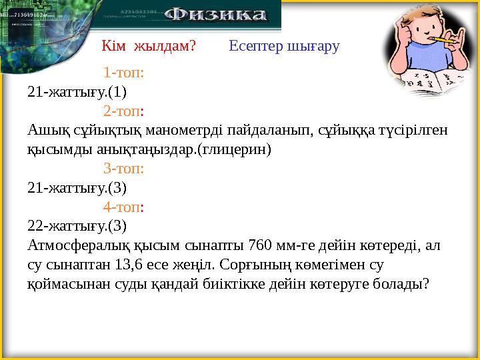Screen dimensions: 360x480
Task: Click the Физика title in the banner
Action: point(215,15)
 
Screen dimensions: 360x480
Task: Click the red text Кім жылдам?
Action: point(149,46)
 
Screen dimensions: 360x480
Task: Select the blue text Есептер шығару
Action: point(284,46)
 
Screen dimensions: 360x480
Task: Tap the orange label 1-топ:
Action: point(124,72)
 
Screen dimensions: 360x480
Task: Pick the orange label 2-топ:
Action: point(124,110)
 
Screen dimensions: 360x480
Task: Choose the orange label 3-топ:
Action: point(124,168)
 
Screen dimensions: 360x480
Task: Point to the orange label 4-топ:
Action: point(124,207)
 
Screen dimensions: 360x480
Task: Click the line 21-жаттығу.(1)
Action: point(77,91)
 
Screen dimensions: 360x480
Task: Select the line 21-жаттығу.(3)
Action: point(77,187)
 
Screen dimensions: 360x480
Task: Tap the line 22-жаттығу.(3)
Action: point(77,225)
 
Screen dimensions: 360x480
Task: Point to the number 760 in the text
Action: point(258,245)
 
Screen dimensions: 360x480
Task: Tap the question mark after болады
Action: point(426,283)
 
